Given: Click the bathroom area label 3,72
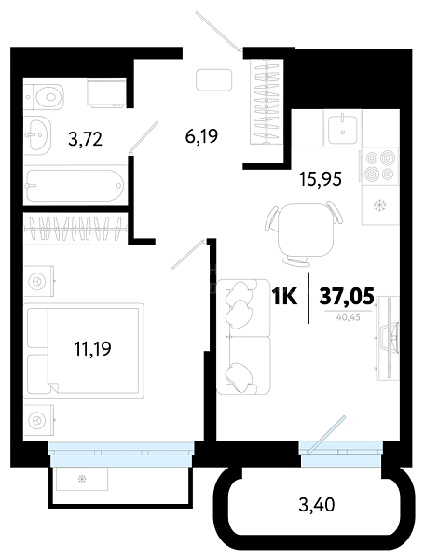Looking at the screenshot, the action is pyautogui.click(x=85, y=139).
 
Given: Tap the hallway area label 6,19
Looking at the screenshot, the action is pyautogui.click(x=201, y=135).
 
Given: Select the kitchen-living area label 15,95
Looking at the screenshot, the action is pyautogui.click(x=321, y=179).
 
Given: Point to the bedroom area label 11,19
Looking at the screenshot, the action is pyautogui.click(x=92, y=348).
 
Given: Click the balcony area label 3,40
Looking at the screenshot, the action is pyautogui.click(x=317, y=505).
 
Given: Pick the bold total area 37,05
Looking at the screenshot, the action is pyautogui.click(x=347, y=296).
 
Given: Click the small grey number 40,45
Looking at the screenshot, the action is pyautogui.click(x=349, y=317).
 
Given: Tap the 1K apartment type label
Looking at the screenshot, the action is pyautogui.click(x=284, y=296).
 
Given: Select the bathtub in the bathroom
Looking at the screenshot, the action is pyautogui.click(x=75, y=186).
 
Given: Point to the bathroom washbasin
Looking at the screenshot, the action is pyautogui.click(x=38, y=135).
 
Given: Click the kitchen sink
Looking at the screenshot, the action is pyautogui.click(x=343, y=128).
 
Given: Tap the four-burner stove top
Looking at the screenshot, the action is pyautogui.click(x=380, y=165).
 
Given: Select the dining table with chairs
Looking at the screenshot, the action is pyautogui.click(x=304, y=232).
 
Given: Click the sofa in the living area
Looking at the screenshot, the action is pyautogui.click(x=243, y=336).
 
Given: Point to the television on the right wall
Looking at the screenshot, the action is pyautogui.click(x=389, y=338).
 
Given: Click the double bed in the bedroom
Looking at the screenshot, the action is pyautogui.click(x=84, y=350).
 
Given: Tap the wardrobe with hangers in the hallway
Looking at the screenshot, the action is pyautogui.click(x=267, y=102).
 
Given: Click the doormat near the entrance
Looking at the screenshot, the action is pyautogui.click(x=214, y=79).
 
